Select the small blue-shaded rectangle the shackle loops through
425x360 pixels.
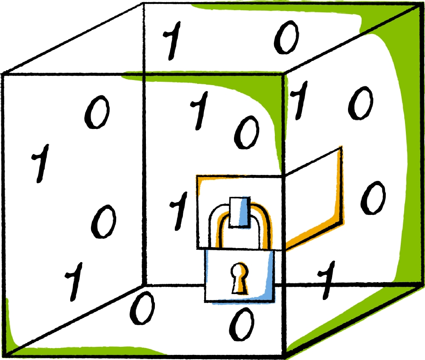click(x=239, y=211)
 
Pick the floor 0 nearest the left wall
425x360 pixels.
click(x=142, y=308)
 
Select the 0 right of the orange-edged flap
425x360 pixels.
click(x=373, y=197)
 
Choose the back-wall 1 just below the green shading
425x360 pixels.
click(x=199, y=110)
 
